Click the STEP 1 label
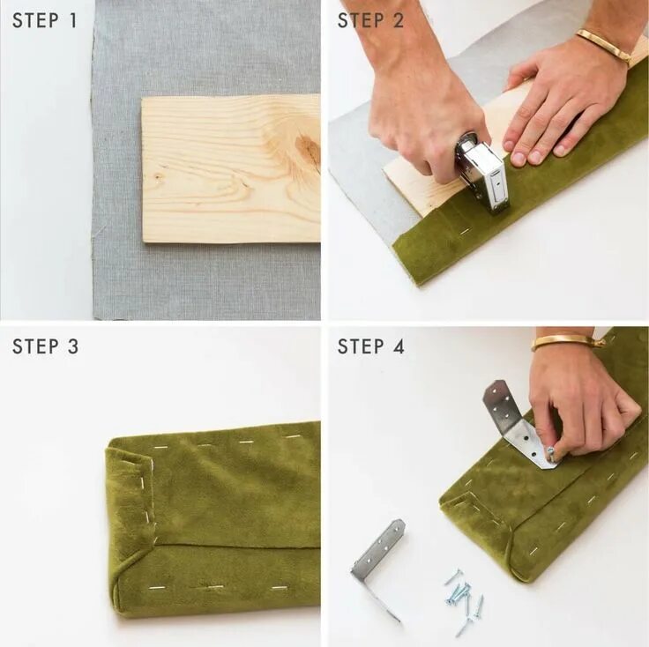[x=45, y=20]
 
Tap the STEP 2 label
[x=370, y=20]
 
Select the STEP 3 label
[x=45, y=346]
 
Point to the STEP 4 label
[x=371, y=346]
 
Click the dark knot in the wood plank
[x=309, y=150]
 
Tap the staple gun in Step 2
[x=482, y=172]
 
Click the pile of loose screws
[x=464, y=599]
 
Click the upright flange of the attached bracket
[x=499, y=407]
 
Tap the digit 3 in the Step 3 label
[x=73, y=346]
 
